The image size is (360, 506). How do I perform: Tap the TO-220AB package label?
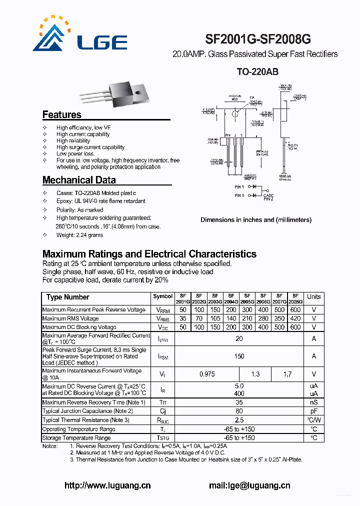click(257, 72)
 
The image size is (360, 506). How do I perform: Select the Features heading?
click(61, 114)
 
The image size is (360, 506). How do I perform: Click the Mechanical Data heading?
click(79, 180)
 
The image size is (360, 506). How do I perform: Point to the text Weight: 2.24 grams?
click(79, 235)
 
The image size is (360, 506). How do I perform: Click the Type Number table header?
click(68, 297)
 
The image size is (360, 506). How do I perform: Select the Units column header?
click(313, 296)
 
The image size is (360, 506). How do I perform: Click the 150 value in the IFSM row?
click(239, 356)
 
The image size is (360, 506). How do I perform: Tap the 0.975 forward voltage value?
click(207, 374)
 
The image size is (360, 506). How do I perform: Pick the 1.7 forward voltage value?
click(287, 374)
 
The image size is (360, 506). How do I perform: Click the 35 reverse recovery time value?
click(239, 402)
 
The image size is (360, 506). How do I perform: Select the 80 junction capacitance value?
click(239, 411)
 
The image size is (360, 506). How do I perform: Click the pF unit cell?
click(313, 411)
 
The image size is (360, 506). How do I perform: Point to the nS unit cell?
click(313, 402)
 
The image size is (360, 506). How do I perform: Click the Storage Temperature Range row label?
click(76, 438)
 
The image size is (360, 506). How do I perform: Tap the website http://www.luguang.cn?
click(107, 485)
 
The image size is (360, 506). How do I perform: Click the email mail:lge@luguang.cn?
click(249, 485)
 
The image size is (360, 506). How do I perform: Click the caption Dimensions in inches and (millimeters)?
click(255, 219)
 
